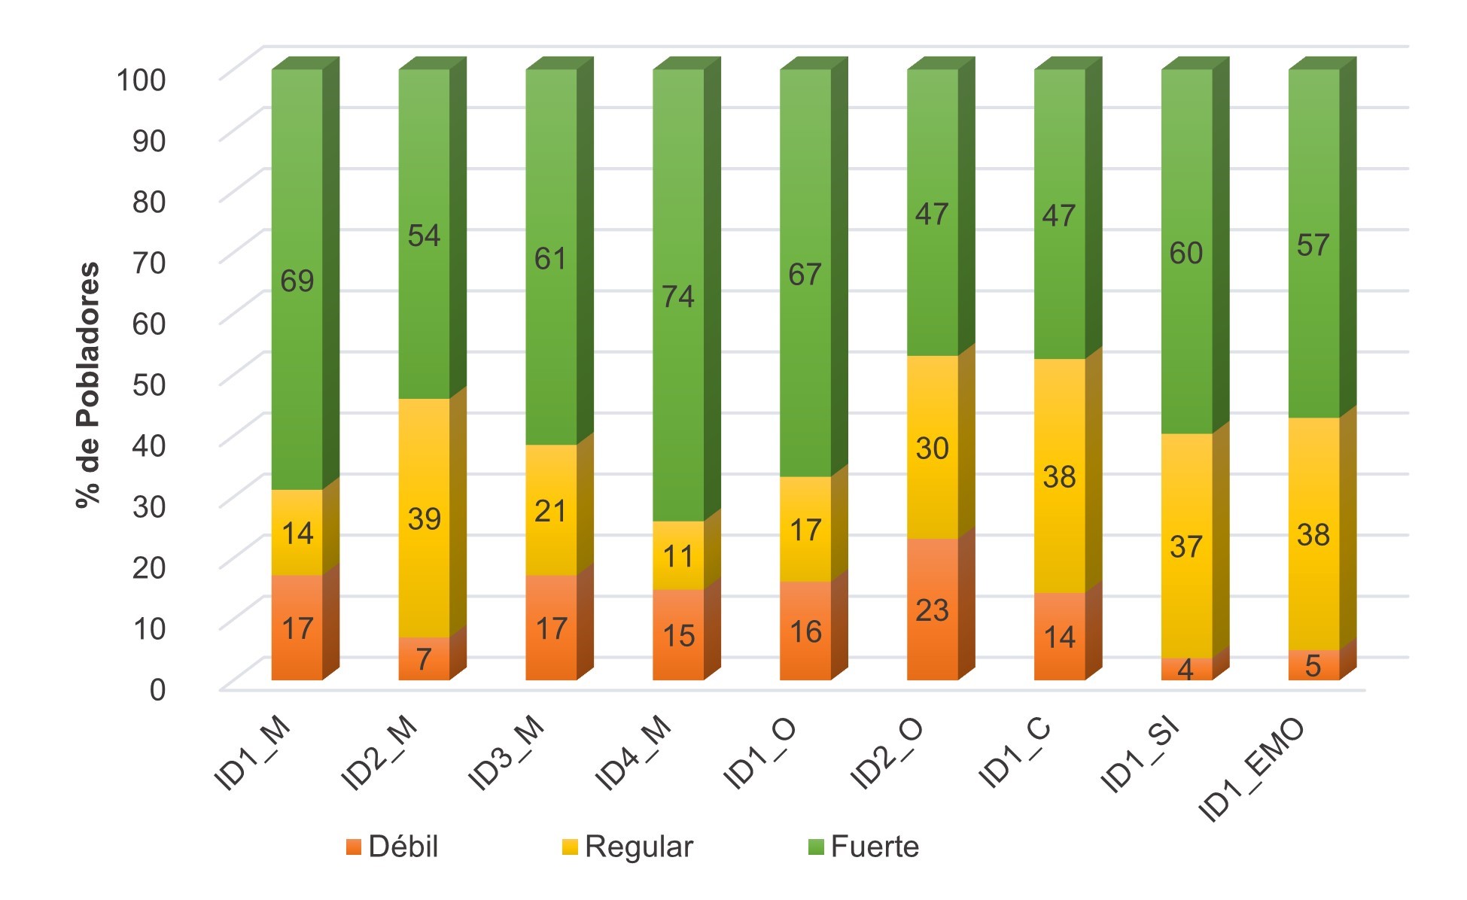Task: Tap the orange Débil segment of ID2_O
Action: point(933,610)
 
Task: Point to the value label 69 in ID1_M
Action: point(297,281)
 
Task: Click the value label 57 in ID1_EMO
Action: point(1313,245)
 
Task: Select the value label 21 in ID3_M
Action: point(550,512)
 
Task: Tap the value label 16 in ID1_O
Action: point(805,632)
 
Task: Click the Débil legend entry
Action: point(393,847)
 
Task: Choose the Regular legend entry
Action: point(628,847)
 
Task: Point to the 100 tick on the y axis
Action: point(141,80)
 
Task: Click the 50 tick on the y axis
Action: point(148,385)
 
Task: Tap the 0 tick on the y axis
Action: point(157,689)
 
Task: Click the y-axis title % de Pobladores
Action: point(88,385)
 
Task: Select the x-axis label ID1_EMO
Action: point(1251,769)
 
